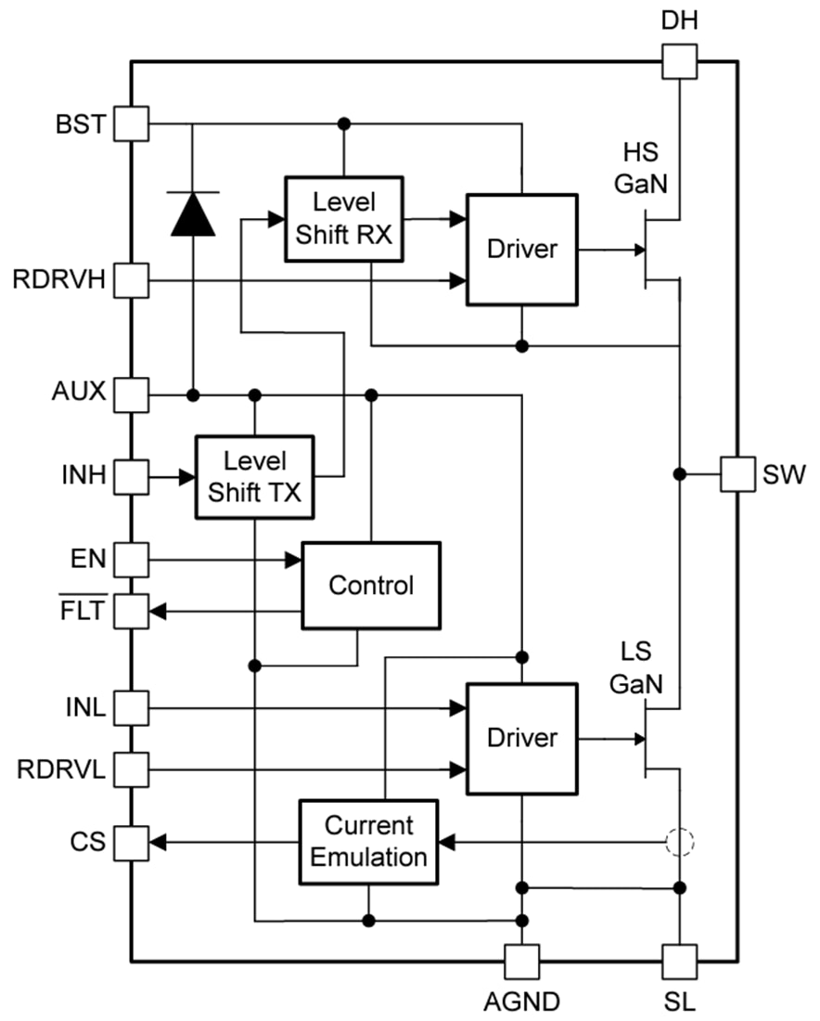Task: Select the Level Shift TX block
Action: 255,477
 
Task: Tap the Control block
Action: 371,586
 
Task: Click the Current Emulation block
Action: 368,841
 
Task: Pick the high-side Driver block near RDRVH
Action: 523,249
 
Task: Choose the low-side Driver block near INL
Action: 523,738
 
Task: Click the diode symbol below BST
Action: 192,213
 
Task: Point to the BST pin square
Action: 131,123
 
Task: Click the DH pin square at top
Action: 680,62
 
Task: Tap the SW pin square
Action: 739,474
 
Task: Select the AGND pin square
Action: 521,962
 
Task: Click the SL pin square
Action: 680,962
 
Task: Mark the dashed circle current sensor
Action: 680,843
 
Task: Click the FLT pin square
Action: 131,611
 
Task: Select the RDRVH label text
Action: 59,279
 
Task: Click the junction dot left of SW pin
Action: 680,474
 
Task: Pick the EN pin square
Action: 131,560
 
